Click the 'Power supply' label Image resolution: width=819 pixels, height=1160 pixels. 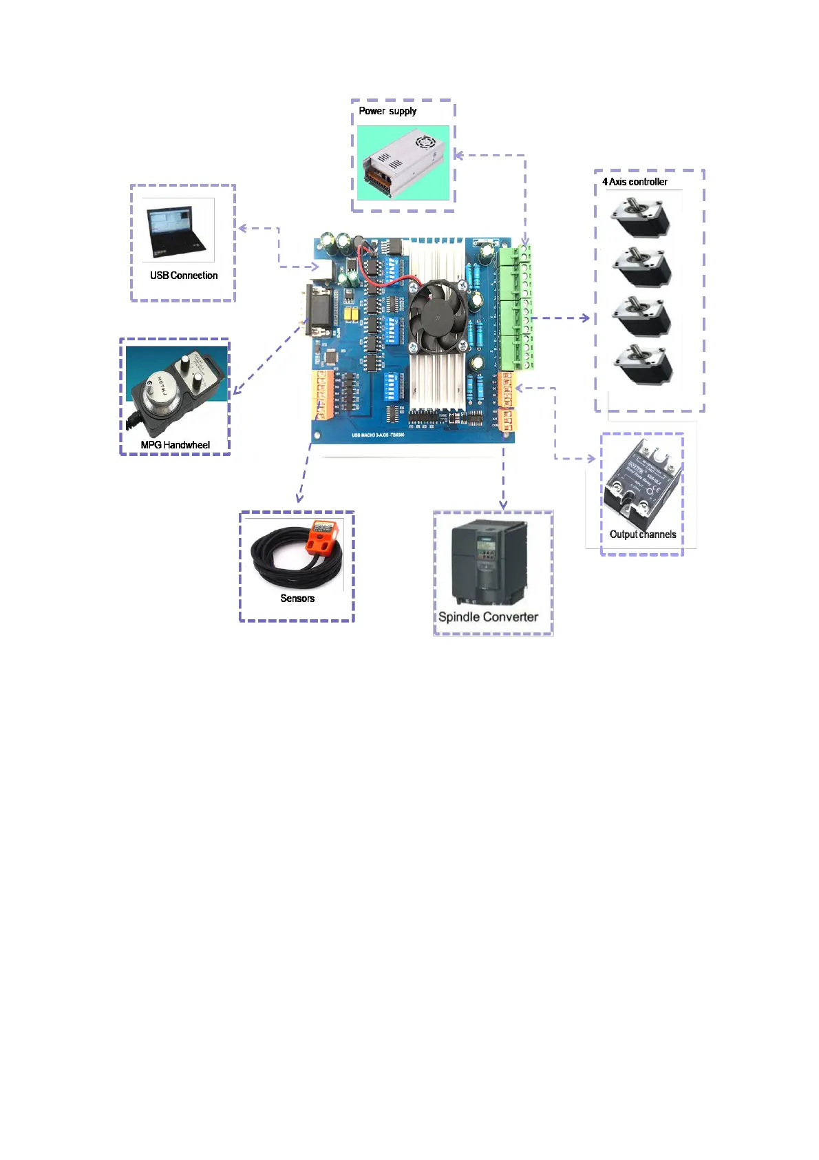(387, 111)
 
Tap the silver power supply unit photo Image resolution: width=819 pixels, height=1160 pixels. (403, 163)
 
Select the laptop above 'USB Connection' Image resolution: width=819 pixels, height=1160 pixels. (177, 231)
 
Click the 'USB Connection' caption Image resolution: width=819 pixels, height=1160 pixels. (184, 276)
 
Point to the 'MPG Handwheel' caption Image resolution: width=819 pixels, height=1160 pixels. (175, 445)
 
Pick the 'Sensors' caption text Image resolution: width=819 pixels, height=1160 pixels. (297, 598)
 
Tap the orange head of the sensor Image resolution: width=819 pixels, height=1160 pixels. (321, 538)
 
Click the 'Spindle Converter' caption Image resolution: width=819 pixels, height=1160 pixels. (488, 617)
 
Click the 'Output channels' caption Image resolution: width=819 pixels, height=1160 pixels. (643, 535)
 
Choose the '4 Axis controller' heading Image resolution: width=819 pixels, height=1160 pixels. (635, 182)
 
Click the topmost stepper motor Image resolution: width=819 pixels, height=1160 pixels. (640, 219)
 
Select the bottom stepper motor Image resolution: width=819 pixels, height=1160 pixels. (642, 365)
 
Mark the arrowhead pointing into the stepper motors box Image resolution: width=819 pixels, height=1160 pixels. (586, 318)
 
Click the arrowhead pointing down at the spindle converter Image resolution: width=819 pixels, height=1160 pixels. (503, 505)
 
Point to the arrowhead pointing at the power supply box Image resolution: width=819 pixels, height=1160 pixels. (458, 155)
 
